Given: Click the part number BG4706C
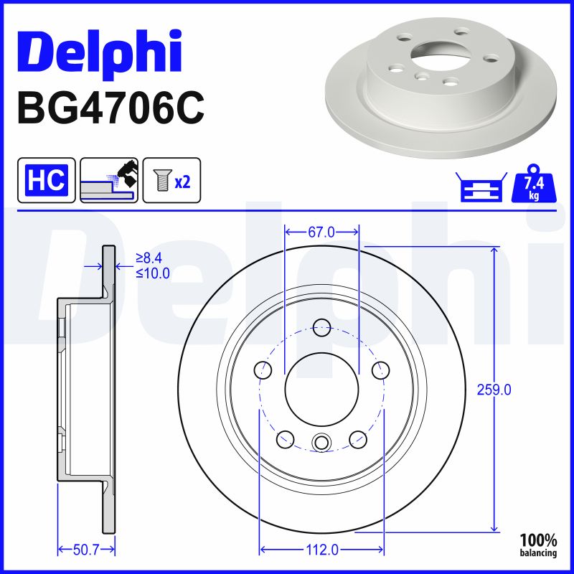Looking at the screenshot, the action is [x=110, y=108].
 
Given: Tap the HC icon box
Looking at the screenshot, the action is [x=47, y=180].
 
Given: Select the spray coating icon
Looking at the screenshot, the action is [x=109, y=180].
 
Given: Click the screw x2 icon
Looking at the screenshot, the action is [x=171, y=180].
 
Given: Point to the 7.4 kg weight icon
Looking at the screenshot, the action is [x=534, y=184].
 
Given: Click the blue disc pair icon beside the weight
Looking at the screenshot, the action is [x=481, y=187].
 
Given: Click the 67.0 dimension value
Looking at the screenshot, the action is [x=321, y=232].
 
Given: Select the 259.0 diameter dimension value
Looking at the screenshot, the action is [x=494, y=390].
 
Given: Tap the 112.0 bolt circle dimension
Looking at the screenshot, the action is [x=321, y=550].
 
